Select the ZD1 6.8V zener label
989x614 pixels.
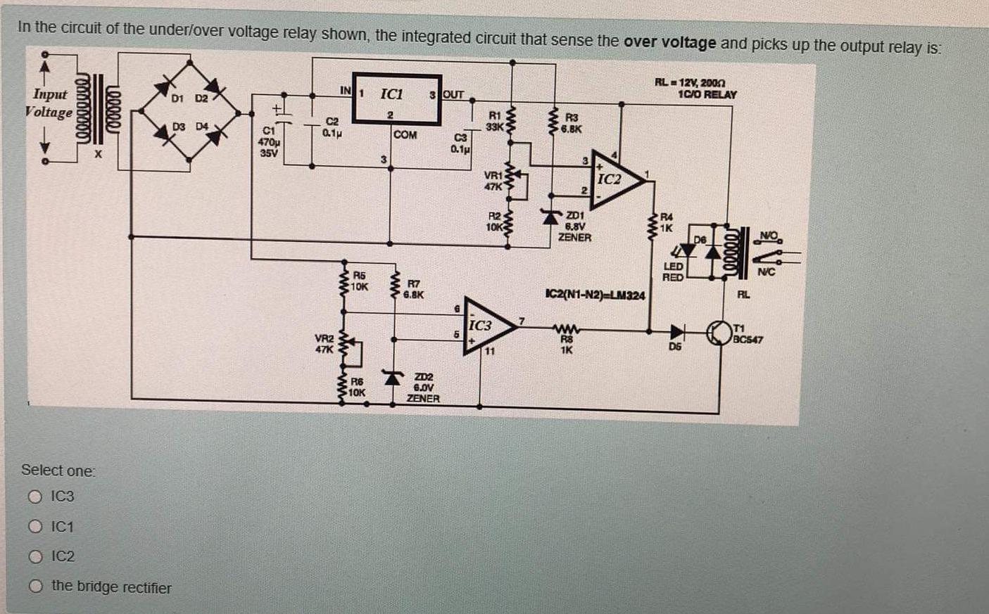[574, 226]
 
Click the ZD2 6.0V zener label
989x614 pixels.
[422, 388]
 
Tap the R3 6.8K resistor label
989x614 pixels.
[571, 123]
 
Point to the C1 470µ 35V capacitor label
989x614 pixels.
[268, 141]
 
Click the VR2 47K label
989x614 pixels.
[324, 343]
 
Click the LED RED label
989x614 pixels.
[673, 272]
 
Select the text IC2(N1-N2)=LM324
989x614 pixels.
[595, 295]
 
